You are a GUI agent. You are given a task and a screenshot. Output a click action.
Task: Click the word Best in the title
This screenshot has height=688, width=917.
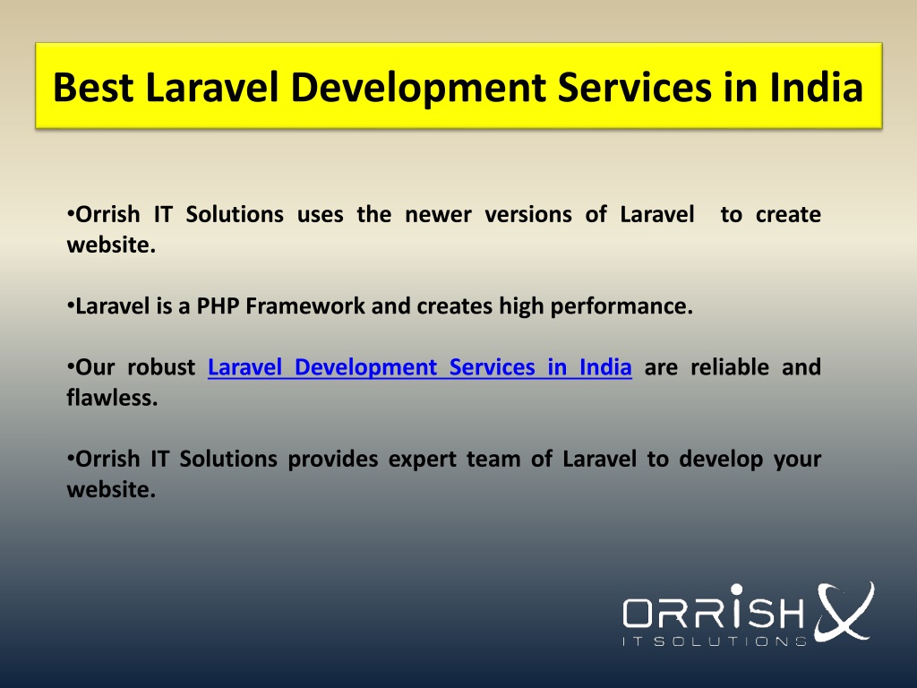(93, 88)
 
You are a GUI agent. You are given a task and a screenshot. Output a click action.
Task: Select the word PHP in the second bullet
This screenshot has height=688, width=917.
(218, 306)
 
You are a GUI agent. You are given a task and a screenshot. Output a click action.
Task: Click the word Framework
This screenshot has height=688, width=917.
(305, 306)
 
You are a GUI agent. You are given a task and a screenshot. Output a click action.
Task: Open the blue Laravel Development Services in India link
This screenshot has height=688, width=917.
(420, 367)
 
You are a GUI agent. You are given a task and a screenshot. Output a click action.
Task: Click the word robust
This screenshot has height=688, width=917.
(161, 367)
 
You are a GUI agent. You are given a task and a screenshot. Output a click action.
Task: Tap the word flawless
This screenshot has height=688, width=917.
(112, 398)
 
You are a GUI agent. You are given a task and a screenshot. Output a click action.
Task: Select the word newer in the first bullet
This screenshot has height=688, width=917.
(438, 215)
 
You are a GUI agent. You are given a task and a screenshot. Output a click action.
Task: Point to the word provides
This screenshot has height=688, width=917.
(333, 460)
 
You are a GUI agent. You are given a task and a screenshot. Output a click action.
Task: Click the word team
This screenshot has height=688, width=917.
(493, 460)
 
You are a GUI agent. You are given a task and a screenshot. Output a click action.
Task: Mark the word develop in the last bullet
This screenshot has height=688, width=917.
(721, 460)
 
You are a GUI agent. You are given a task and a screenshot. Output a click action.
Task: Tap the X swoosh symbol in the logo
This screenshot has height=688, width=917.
(844, 611)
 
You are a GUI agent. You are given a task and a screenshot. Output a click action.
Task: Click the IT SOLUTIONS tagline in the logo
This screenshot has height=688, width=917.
(715, 641)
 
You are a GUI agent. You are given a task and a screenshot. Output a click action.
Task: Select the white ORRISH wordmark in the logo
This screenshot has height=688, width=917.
(714, 608)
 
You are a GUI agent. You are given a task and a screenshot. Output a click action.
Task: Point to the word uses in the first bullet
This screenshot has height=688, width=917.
(320, 215)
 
